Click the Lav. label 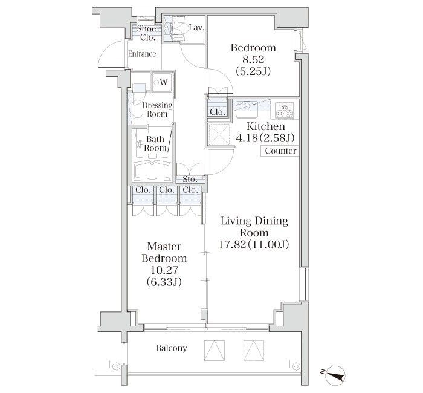[x=196, y=28]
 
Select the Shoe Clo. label [x=147, y=33]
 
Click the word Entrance [x=142, y=54]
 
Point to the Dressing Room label [x=157, y=109]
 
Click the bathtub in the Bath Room [x=152, y=170]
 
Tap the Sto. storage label [x=190, y=180]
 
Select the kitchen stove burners [x=284, y=110]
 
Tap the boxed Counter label [x=280, y=151]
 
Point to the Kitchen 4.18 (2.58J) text [x=265, y=132]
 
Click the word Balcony [x=171, y=348]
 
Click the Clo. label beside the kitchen [x=218, y=112]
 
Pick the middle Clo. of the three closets [x=166, y=190]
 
